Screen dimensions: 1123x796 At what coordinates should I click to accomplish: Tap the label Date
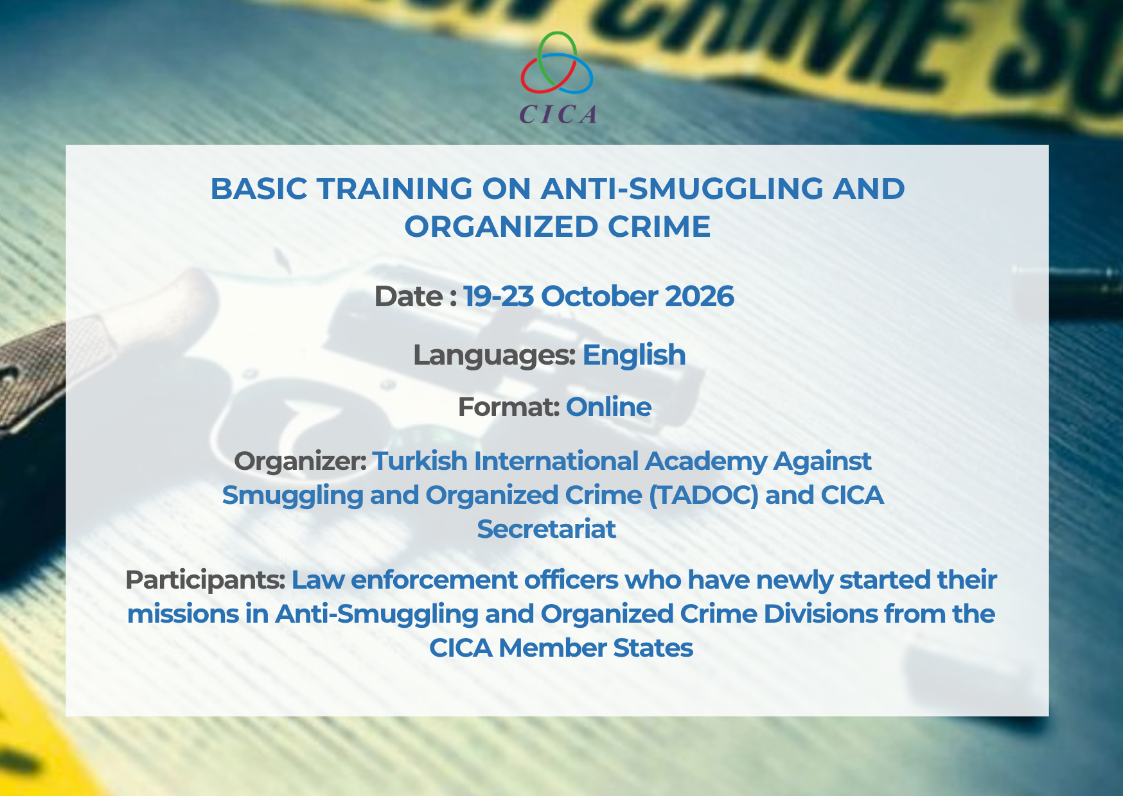[x=408, y=297]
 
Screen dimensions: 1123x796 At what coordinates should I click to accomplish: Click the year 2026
[x=699, y=297]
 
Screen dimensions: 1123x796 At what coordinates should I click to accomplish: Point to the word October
[x=599, y=297]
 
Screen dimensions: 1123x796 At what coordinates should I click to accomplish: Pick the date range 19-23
[x=499, y=297]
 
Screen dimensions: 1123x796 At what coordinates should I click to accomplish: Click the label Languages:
[x=494, y=356]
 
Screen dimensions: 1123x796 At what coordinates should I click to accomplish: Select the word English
[x=634, y=356]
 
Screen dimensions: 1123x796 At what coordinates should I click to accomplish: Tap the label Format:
[x=509, y=407]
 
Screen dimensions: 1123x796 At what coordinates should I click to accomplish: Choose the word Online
[x=608, y=407]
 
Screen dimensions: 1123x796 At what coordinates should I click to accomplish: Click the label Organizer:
[x=301, y=462]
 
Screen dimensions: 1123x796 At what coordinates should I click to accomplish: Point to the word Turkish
[x=420, y=461]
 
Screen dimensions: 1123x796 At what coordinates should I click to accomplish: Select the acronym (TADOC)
[x=704, y=496]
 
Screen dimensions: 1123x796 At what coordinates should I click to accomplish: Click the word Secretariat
[x=547, y=529]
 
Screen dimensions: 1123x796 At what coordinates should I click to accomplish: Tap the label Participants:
[x=206, y=580]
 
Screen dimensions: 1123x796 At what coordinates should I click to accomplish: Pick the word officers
[x=571, y=580]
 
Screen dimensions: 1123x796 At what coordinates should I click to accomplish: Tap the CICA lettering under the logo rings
[x=558, y=114]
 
